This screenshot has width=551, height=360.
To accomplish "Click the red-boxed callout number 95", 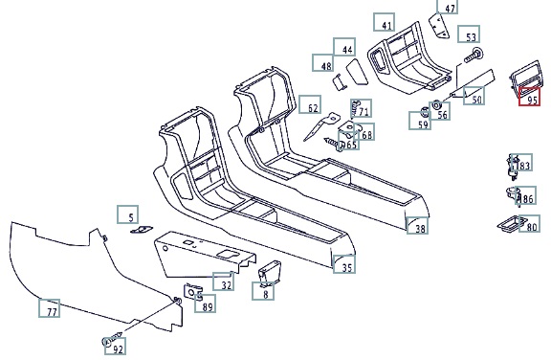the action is [529, 97].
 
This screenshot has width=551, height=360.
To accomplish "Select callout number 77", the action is [49, 308].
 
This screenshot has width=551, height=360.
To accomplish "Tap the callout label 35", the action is [344, 264].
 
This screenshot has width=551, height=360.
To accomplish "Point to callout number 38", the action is [417, 225].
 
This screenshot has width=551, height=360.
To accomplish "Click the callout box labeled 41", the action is [385, 22].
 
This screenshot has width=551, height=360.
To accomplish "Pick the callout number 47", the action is [448, 6].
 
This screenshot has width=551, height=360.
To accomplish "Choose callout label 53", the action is [469, 34].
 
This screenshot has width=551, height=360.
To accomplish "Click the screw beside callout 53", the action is [474, 56].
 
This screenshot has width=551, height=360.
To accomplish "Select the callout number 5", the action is [128, 214].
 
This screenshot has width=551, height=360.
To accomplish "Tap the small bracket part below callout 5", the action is [142, 230].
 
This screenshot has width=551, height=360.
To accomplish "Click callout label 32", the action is [224, 281].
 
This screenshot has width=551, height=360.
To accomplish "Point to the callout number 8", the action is [263, 291].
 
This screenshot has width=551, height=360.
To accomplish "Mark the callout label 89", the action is [206, 304].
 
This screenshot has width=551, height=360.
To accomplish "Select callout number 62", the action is [310, 104].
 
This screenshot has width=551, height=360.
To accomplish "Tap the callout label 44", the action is [344, 47].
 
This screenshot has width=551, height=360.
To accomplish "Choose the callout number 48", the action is [323, 63].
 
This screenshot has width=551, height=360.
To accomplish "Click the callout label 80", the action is [530, 224].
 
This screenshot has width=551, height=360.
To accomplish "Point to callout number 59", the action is [420, 121].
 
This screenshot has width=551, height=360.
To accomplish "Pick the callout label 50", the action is [474, 96].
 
